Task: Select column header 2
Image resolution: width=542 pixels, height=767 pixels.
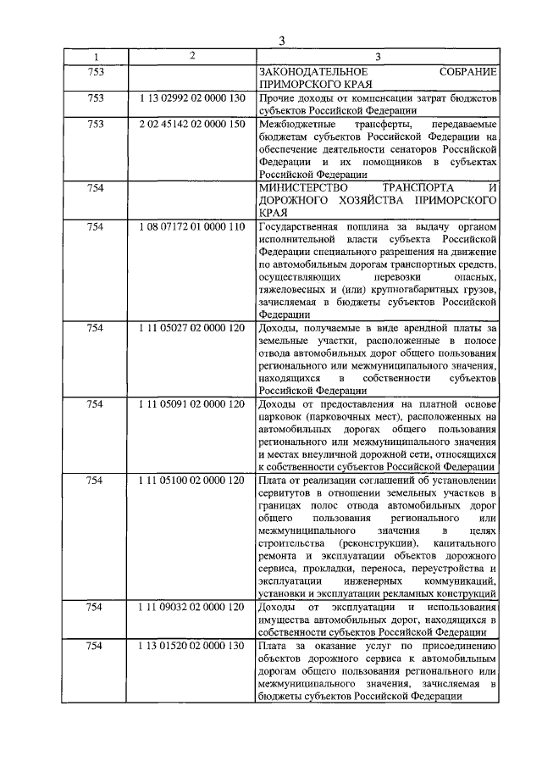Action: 193,57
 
